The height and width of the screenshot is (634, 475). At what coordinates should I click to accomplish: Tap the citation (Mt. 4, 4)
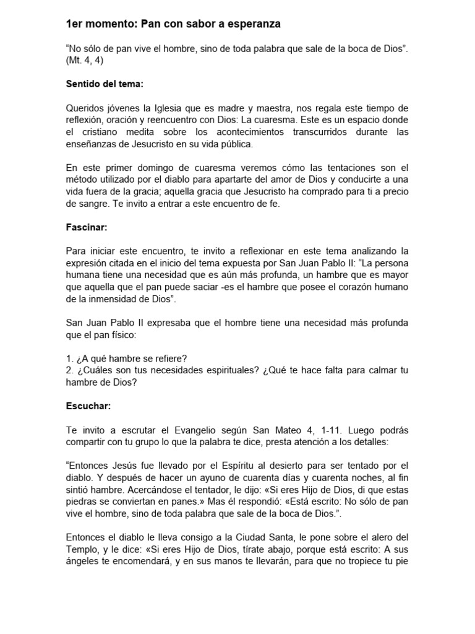(x=86, y=61)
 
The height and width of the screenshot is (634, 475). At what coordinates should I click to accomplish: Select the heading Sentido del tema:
(x=105, y=84)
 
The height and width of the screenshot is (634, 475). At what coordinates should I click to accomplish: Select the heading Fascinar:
(x=87, y=227)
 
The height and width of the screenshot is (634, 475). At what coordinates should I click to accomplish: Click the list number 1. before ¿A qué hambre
(x=69, y=359)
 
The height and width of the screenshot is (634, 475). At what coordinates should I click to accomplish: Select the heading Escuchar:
(x=88, y=406)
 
